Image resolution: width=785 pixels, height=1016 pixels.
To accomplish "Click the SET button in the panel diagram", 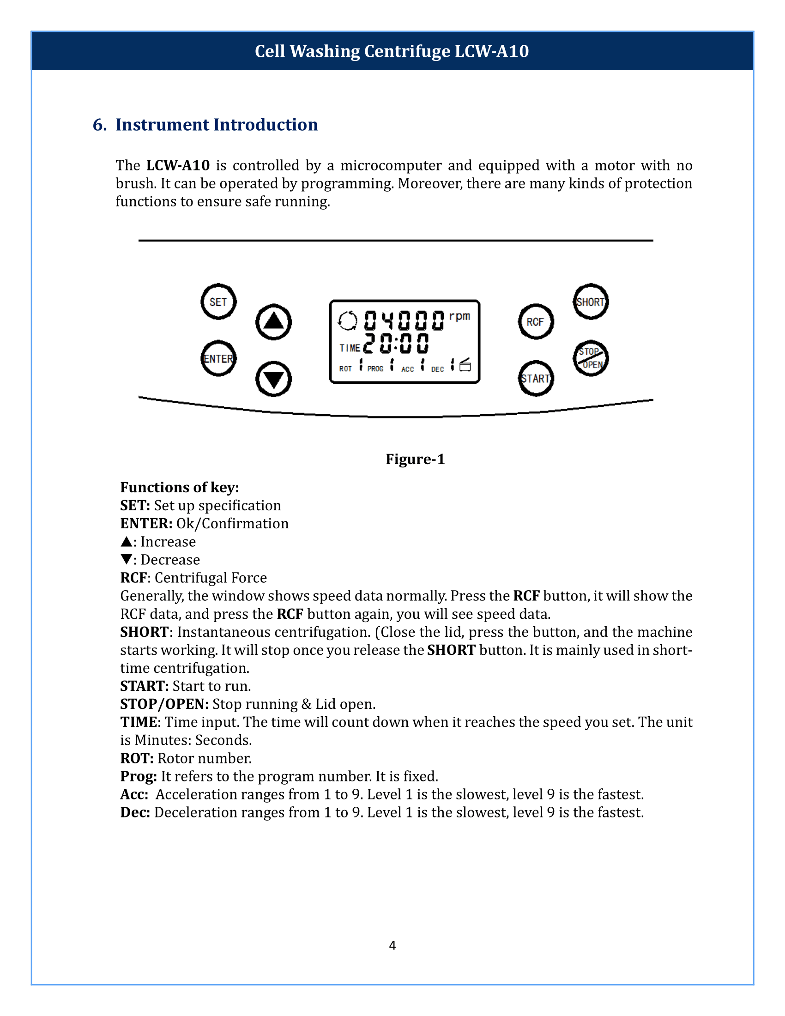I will click(x=218, y=302).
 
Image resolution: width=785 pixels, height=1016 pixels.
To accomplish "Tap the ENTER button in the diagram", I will click(x=218, y=359).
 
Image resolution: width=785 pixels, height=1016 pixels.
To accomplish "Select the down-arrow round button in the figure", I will click(x=273, y=379).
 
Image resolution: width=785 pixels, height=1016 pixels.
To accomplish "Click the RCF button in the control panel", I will click(x=535, y=321).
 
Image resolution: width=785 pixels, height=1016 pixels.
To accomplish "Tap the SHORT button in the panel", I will click(x=590, y=302).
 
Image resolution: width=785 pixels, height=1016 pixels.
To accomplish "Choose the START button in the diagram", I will click(x=535, y=378).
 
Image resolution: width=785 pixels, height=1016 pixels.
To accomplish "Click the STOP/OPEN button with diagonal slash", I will click(x=590, y=358).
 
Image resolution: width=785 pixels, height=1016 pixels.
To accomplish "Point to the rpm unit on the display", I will click(x=459, y=316).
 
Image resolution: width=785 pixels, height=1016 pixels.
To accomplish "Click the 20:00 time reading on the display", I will click(x=396, y=344).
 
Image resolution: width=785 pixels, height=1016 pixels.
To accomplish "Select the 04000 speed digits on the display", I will click(x=404, y=320).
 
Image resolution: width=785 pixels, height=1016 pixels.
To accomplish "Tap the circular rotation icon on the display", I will click(x=347, y=321).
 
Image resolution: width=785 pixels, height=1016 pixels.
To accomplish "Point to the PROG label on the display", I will click(x=375, y=369).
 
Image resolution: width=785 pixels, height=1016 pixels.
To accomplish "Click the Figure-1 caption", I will click(x=415, y=459).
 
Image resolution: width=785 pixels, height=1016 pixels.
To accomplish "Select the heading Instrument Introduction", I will click(x=216, y=125).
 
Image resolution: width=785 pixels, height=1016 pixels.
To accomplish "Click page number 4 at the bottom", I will click(x=392, y=945).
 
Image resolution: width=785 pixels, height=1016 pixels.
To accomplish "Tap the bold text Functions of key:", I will click(x=180, y=487).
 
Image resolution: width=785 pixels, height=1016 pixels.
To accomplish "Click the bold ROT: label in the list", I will click(x=137, y=758).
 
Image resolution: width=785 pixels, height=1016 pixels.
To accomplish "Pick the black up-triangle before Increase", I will click(x=126, y=542).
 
